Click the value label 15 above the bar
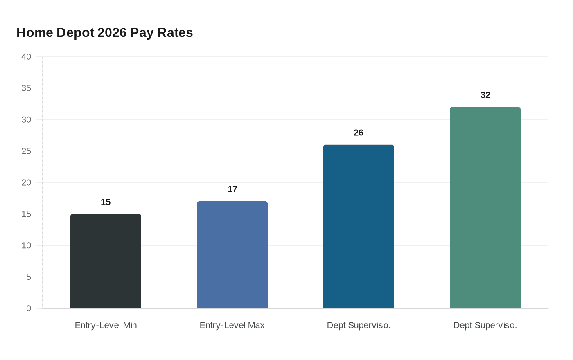tap(106, 202)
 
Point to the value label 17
tap(232, 189)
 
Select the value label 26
tap(359, 133)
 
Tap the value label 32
tap(485, 95)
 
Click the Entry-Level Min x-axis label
tap(106, 325)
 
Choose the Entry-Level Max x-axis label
tap(232, 325)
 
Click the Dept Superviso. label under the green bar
tap(485, 325)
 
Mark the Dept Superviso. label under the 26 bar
tap(359, 325)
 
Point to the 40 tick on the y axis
tap(26, 56)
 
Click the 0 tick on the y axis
tap(29, 308)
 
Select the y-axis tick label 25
tap(26, 151)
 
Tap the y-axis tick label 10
tap(26, 245)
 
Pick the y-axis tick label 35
tap(26, 88)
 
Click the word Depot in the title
tap(75, 33)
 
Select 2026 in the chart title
tap(112, 33)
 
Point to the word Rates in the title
tap(175, 33)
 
